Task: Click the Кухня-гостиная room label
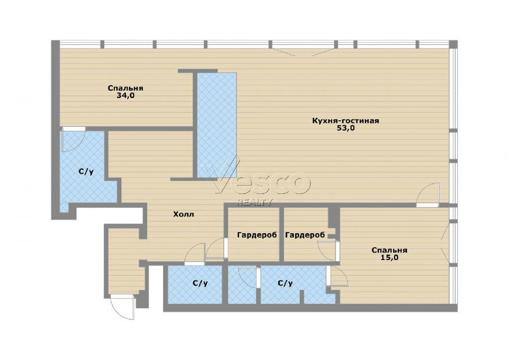[x=345, y=121]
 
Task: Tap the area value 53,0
[x=346, y=128]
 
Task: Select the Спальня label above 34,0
[x=125, y=89]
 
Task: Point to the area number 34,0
[x=125, y=95]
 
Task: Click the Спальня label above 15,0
[x=389, y=250]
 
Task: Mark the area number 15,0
[x=390, y=258]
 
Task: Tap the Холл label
[x=183, y=214]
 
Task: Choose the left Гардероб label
[x=257, y=235]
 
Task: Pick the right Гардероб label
[x=305, y=235]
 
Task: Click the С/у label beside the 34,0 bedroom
[x=86, y=172]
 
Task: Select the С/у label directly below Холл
[x=200, y=283]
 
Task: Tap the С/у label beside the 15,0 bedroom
[x=285, y=283]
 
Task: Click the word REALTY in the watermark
[x=255, y=202]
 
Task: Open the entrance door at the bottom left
[x=122, y=307]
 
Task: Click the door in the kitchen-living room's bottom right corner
[x=428, y=195]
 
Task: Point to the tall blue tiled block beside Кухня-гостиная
[x=217, y=125]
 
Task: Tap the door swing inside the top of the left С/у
[x=74, y=139]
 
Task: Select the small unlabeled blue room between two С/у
[x=242, y=285]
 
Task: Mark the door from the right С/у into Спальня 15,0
[x=338, y=276]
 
